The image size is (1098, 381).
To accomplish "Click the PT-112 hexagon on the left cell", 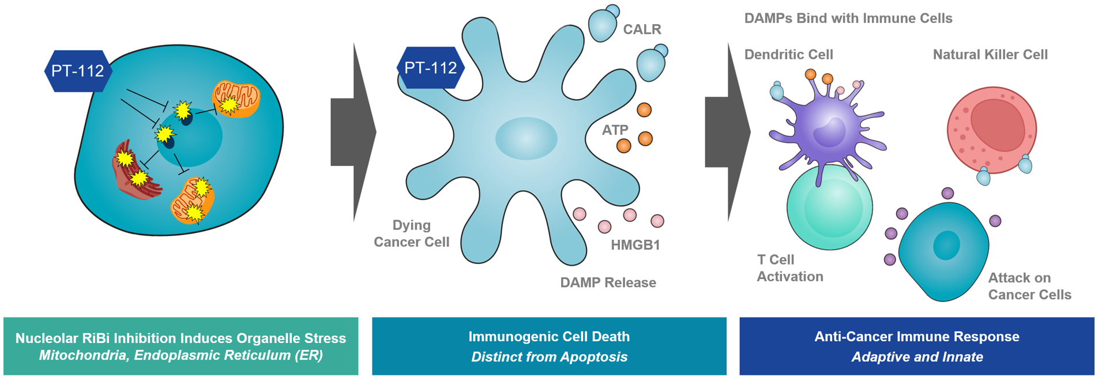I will [x=78, y=71].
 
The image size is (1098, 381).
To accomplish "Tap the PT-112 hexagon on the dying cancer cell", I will [x=430, y=68].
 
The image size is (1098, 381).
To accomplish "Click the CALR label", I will [x=642, y=29].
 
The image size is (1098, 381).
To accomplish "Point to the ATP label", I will [x=615, y=130].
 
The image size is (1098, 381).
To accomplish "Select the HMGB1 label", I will [x=635, y=245].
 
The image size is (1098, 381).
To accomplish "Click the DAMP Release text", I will [x=608, y=282].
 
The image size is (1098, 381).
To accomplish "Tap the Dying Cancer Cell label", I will [x=411, y=233].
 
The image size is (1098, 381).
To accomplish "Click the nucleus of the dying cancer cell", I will [x=526, y=138].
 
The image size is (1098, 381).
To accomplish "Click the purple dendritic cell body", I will [x=828, y=130].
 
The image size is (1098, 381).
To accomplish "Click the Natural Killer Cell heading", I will [x=990, y=55].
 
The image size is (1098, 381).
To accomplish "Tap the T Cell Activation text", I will [x=789, y=268].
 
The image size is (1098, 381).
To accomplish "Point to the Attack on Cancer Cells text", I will [x=1029, y=286].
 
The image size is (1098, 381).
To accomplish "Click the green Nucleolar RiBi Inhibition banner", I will [x=181, y=346].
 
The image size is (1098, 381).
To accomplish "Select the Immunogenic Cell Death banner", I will [x=549, y=346].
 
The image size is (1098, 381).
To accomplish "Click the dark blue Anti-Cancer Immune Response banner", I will [x=916, y=346].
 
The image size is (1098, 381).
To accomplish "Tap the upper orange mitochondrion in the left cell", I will [x=237, y=99].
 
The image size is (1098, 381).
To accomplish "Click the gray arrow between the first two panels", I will [x=353, y=132].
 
